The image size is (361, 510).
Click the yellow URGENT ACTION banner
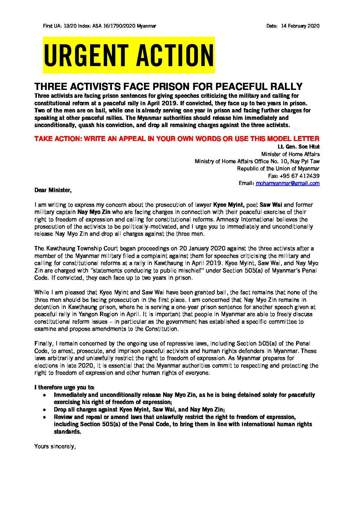click(129, 55)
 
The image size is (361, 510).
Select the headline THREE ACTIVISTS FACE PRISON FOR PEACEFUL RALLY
click(169, 87)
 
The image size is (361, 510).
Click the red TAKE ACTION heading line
click(177, 139)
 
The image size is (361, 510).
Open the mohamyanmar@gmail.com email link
click(288, 183)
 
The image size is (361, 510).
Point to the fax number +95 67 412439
click(299, 176)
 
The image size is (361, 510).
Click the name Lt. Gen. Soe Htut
click(299, 146)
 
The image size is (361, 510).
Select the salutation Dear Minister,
click(53, 190)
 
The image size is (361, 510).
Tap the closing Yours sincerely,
click(55, 446)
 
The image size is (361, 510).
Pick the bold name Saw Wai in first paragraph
click(271, 205)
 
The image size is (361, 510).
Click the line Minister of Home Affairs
click(290, 154)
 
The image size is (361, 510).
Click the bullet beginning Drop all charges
click(139, 409)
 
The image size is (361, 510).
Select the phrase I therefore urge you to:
click(64, 387)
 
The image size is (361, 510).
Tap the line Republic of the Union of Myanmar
click(278, 169)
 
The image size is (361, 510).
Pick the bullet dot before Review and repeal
click(45, 417)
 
